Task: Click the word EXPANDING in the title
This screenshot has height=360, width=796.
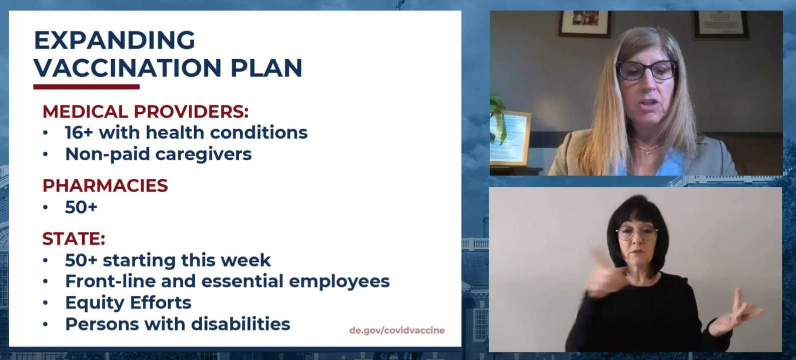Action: (x=115, y=40)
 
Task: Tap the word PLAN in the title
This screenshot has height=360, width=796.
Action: (x=266, y=68)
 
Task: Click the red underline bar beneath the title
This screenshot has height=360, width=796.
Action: (x=86, y=87)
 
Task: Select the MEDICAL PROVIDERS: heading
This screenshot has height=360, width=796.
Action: (x=145, y=112)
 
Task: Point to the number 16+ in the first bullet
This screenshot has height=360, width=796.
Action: (x=79, y=133)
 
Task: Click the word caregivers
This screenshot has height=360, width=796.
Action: (x=203, y=155)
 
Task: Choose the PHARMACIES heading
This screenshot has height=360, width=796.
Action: (x=105, y=186)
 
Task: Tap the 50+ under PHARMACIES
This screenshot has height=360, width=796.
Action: (x=81, y=207)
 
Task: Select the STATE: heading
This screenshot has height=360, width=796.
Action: (x=74, y=238)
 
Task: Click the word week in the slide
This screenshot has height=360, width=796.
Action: (x=245, y=260)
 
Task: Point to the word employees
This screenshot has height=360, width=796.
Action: (x=339, y=282)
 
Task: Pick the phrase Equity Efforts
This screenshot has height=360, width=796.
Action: (x=128, y=303)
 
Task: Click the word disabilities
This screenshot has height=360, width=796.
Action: (x=241, y=324)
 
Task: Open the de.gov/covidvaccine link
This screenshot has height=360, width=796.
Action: (x=397, y=330)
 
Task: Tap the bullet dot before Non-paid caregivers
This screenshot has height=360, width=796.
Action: (x=45, y=154)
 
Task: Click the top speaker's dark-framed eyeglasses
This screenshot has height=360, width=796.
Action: (x=646, y=70)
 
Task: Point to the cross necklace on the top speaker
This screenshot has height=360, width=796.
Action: (x=647, y=152)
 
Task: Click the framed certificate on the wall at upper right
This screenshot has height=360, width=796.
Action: (x=720, y=24)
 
